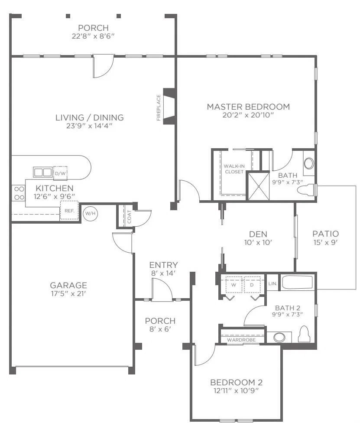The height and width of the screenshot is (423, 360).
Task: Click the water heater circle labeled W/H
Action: pyautogui.click(x=91, y=213)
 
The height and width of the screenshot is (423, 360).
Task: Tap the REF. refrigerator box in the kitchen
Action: pyautogui.click(x=69, y=211)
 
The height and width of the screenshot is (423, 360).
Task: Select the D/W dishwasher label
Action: pyautogui.click(x=60, y=173)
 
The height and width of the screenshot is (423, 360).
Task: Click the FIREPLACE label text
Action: pyautogui.click(x=159, y=107)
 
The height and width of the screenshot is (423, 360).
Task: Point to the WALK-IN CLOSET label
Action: pyautogui.click(x=234, y=169)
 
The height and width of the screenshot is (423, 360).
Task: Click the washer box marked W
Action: pyautogui.click(x=234, y=285)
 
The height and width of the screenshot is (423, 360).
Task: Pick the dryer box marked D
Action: pyautogui.click(x=252, y=285)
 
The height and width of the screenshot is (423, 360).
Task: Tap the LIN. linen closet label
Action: pyautogui.click(x=272, y=283)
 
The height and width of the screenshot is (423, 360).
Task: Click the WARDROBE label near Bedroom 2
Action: pyautogui.click(x=241, y=340)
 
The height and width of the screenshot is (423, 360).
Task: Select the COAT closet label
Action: pyautogui.click(x=129, y=217)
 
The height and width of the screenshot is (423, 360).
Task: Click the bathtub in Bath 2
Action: pyautogui.click(x=298, y=283)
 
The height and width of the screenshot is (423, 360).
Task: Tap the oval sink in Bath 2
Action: pyautogui.click(x=279, y=337)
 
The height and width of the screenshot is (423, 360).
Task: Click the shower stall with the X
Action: pyautogui.click(x=259, y=186)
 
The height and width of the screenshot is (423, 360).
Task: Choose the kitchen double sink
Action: pyautogui.click(x=42, y=172)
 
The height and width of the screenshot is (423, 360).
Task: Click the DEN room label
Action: pyautogui.click(x=258, y=234)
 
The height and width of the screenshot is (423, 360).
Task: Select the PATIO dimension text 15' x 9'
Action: pyautogui.click(x=325, y=242)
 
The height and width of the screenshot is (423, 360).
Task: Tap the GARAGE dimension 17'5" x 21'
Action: pyautogui.click(x=68, y=293)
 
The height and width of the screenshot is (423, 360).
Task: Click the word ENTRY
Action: pyautogui.click(x=163, y=265)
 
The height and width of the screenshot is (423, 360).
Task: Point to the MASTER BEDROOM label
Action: pyautogui.click(x=248, y=107)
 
